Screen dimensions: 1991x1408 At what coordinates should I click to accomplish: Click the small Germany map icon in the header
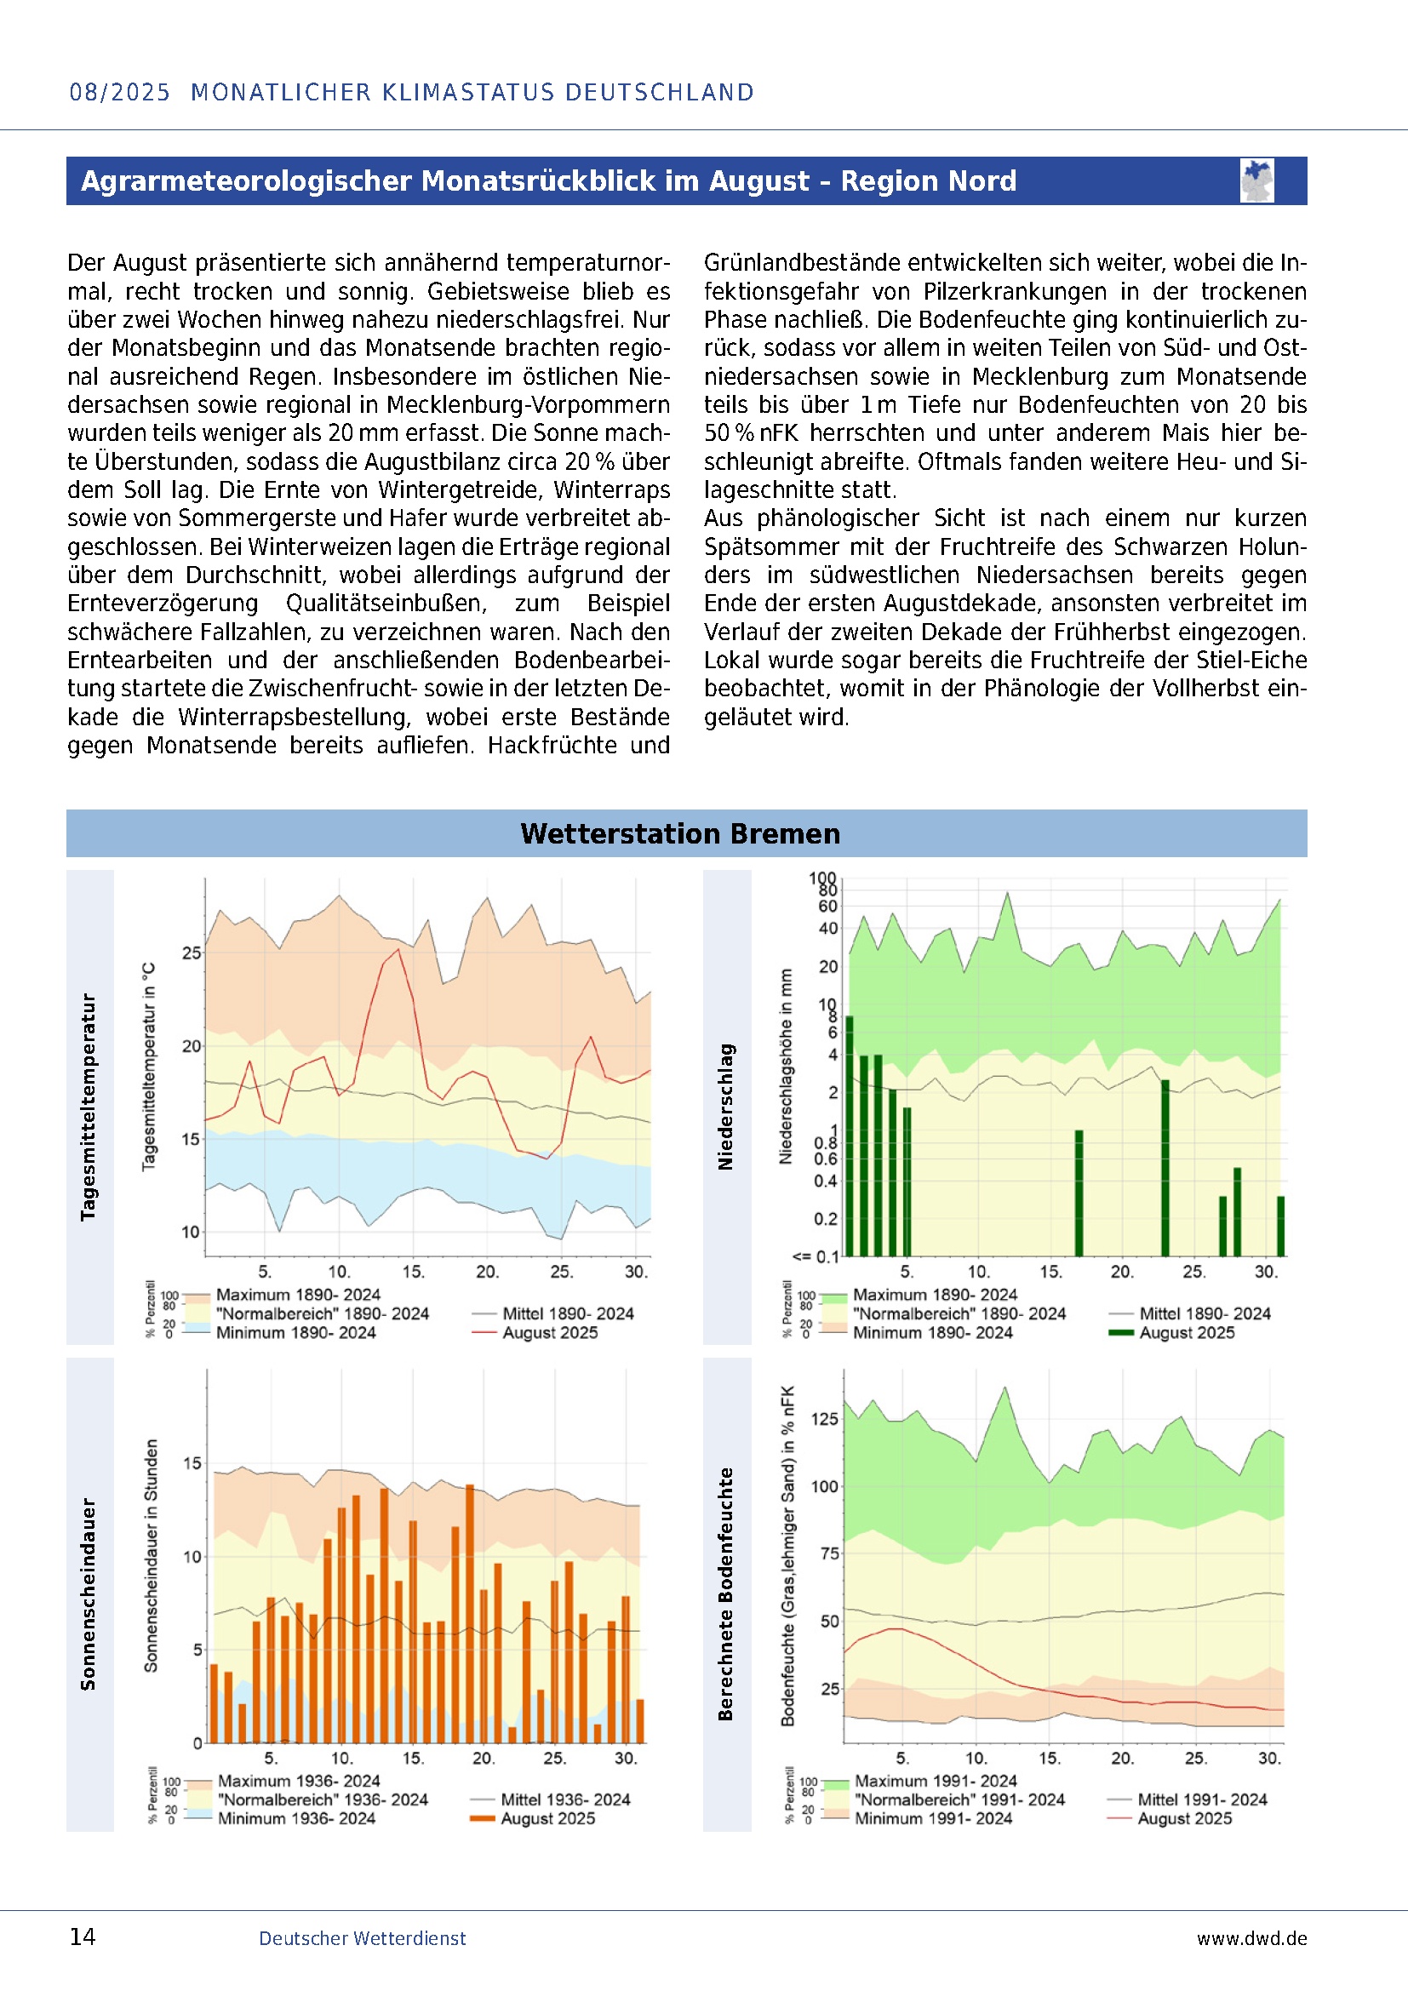pos(1256,180)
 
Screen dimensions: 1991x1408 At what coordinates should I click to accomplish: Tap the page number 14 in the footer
pos(83,1937)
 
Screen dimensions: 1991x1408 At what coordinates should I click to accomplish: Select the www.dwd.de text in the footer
pos(1251,1938)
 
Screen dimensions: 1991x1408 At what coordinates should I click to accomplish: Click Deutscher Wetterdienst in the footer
pos(362,1938)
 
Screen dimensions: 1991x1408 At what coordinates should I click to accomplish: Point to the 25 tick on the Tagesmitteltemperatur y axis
pos(191,953)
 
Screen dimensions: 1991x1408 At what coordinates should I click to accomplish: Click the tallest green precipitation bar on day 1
pos(850,1136)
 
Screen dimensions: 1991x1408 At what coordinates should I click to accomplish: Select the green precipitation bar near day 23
pos(1165,1168)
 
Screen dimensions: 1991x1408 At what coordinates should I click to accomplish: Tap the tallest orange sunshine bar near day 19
pos(470,1613)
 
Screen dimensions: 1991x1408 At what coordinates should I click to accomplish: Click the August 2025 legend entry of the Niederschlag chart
pos(1186,1333)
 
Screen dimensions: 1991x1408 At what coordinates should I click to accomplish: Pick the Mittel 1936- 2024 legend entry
pos(564,1799)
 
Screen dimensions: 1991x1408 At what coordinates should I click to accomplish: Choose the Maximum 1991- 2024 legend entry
pos(936,1780)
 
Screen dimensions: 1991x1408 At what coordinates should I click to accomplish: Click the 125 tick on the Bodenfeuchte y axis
pos(825,1419)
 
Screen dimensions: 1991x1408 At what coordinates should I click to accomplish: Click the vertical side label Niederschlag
pos(725,1107)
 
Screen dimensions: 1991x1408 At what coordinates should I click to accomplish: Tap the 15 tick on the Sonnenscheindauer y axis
pos(192,1464)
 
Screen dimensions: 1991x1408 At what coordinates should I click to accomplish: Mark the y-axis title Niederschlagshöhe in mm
pos(787,1066)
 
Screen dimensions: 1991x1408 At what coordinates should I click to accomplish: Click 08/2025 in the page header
pos(120,92)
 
